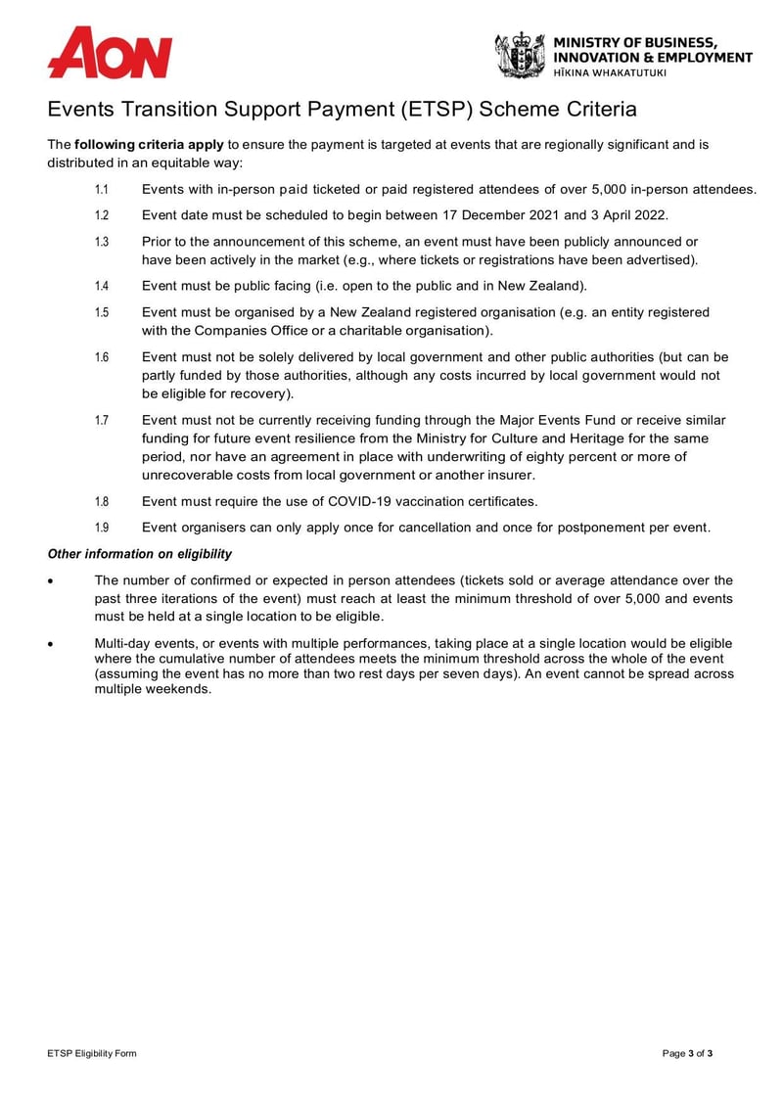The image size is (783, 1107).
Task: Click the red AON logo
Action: coord(110,53)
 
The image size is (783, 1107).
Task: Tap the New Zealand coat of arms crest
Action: coord(519,55)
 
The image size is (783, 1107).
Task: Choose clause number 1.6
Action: coord(101,358)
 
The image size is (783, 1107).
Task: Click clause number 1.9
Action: coord(101,528)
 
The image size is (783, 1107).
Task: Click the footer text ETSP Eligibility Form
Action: coord(92,1053)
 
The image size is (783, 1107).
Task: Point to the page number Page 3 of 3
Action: coord(687,1053)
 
